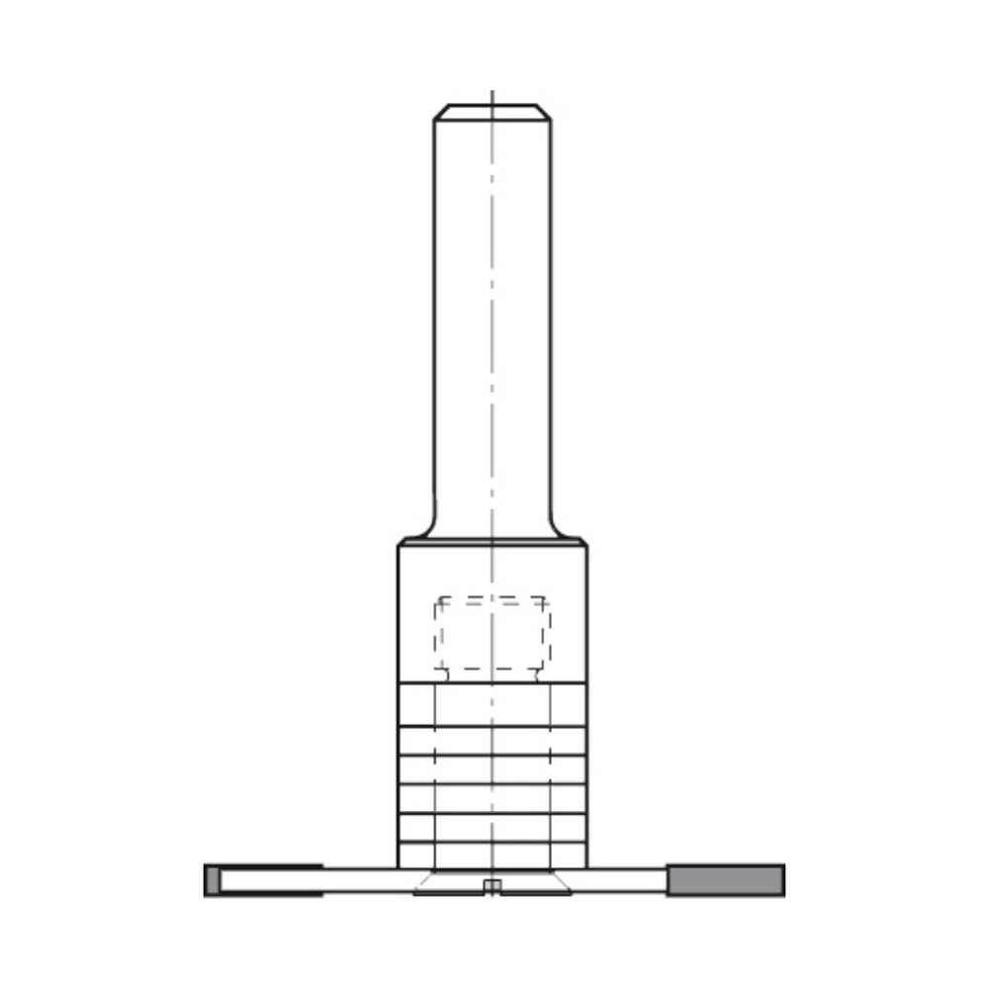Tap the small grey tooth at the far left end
pyautogui.click(x=211, y=879)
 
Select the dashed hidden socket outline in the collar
pyautogui.click(x=492, y=633)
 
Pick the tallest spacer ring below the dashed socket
pyautogui.click(x=492, y=704)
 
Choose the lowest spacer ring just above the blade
pyautogui.click(x=492, y=854)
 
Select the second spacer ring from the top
pyautogui.click(x=492, y=741)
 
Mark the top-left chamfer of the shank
pyautogui.click(x=440, y=112)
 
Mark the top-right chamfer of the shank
pyautogui.click(x=545, y=112)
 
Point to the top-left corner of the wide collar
pyautogui.click(x=400, y=543)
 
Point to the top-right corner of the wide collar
pyautogui.click(x=584, y=543)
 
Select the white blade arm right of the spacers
pyautogui.click(x=623, y=879)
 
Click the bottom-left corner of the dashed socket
pyautogui.click(x=437, y=669)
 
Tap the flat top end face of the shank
pyautogui.click(x=492, y=106)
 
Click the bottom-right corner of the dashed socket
pyautogui.click(x=548, y=669)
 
